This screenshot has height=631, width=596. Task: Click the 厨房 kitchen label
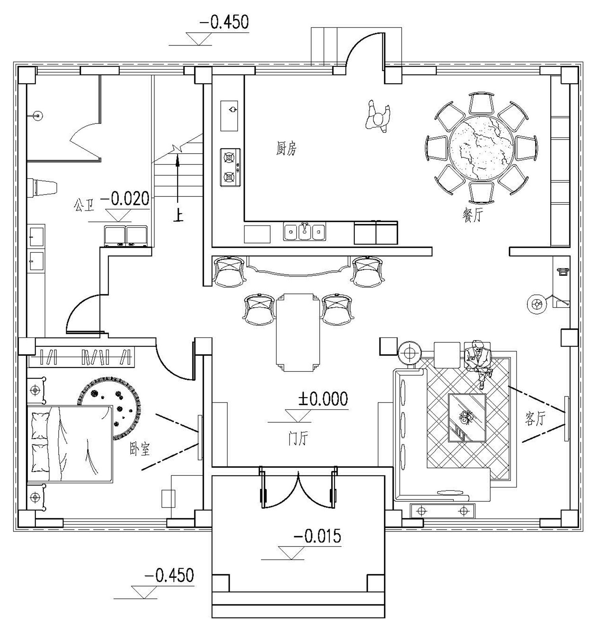pos(286,149)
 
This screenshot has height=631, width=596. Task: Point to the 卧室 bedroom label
pos(139,449)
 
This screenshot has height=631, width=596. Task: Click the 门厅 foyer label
pos(298,439)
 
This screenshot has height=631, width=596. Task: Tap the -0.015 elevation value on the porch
pos(317,537)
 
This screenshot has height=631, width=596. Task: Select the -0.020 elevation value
pos(125,198)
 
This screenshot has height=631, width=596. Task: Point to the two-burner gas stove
pos(230,167)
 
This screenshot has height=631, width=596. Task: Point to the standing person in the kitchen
pos(378,117)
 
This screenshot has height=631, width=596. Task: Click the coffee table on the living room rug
pos(467,417)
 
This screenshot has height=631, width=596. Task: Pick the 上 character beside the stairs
pos(178,216)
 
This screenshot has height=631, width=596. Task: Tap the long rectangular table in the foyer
pos(298,332)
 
